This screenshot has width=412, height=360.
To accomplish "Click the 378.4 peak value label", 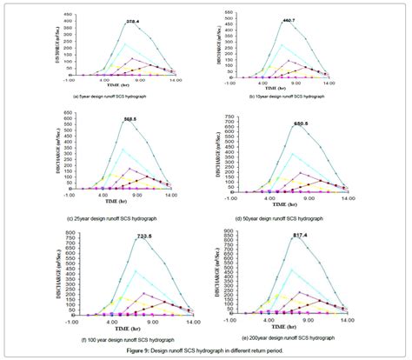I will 131,20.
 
